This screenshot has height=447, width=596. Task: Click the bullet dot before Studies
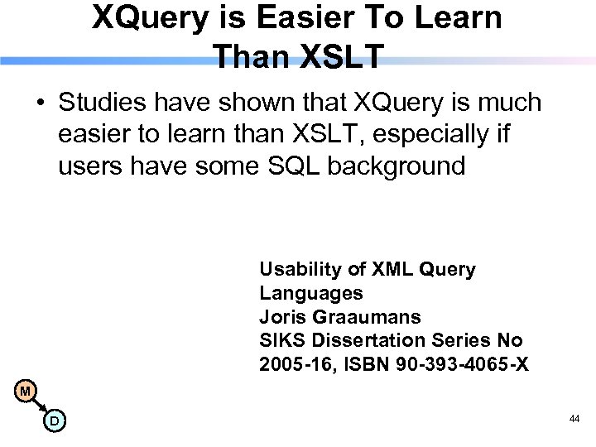[40, 104]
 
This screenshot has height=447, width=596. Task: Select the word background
[397, 166]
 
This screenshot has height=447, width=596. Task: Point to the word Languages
[311, 293]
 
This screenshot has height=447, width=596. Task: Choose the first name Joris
[283, 317]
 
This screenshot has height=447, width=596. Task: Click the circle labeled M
[26, 391]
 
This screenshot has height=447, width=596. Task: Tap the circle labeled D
[54, 421]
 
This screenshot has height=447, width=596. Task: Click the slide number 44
[574, 421]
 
